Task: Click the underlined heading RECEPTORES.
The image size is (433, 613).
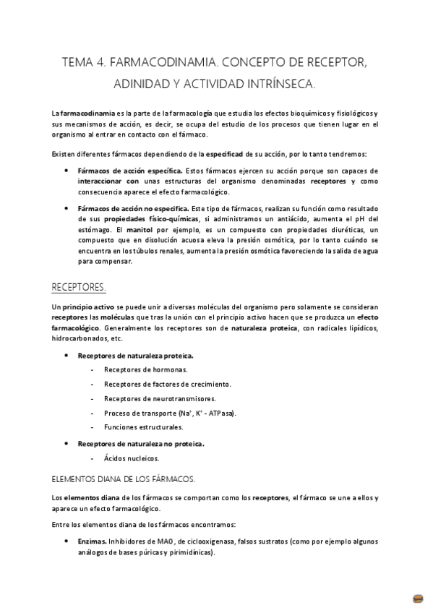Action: [x=79, y=288]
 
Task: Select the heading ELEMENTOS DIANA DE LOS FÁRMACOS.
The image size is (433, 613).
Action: [x=124, y=479]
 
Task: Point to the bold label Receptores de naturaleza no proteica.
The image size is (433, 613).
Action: [x=141, y=444]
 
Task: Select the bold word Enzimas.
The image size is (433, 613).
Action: [x=92, y=541]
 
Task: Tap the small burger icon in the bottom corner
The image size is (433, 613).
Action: [x=417, y=598]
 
